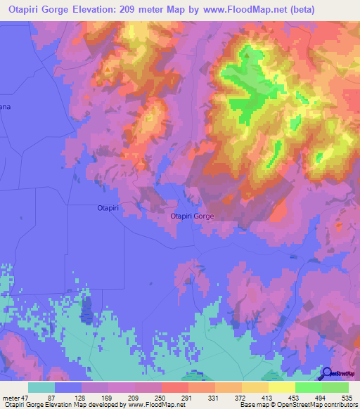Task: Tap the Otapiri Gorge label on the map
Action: (192, 217)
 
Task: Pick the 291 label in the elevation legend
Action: (186, 397)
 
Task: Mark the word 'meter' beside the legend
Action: (9, 397)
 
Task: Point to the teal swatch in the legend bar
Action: (41, 387)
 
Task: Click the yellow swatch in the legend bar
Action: (281, 387)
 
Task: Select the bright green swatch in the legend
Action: (308, 387)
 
